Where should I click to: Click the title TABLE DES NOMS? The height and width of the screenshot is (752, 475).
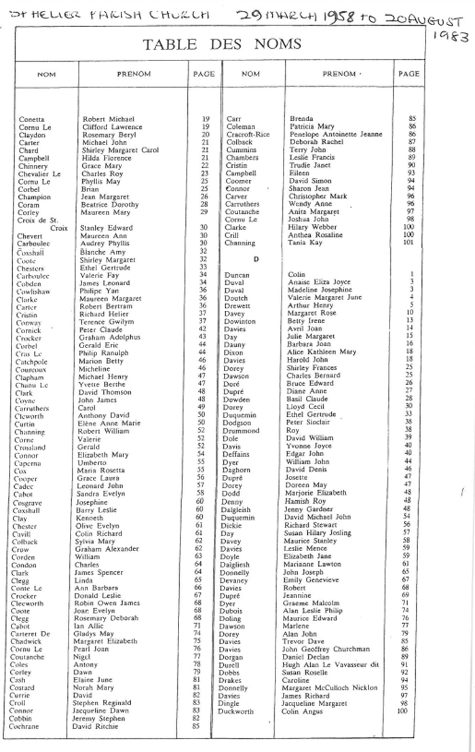(x=222, y=45)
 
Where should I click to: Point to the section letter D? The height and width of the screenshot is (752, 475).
(x=256, y=259)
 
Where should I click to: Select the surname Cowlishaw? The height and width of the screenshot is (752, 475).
(x=33, y=291)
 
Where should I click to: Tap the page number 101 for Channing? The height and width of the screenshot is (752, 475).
(x=408, y=242)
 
